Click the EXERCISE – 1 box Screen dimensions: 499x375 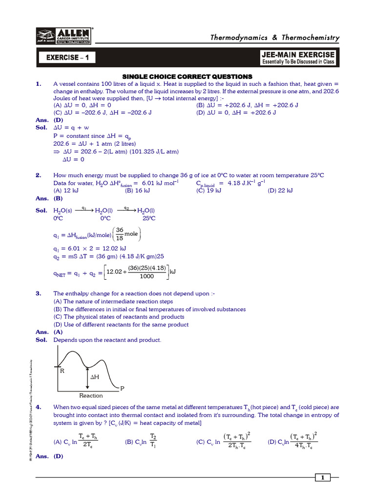coord(67,58)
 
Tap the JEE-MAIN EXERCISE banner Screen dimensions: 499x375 coord(298,58)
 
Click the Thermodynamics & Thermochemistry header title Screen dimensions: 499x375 coord(274,38)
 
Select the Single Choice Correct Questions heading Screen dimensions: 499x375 coord(187,77)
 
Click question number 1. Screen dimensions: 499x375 coord(39,84)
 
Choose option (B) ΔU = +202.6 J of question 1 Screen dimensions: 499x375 coord(247,105)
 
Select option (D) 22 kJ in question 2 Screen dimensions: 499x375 coord(280,191)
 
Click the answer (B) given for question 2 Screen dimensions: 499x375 coord(58,198)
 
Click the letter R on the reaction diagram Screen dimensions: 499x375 coord(62,371)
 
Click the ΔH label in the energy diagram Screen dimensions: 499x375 coord(95,377)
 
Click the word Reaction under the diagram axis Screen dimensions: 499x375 coord(91,395)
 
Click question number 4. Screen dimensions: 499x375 coord(39,407)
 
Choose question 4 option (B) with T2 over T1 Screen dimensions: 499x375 coord(141,441)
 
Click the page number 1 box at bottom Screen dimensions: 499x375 coord(323,478)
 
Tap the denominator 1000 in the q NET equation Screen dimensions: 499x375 coord(146,276)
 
